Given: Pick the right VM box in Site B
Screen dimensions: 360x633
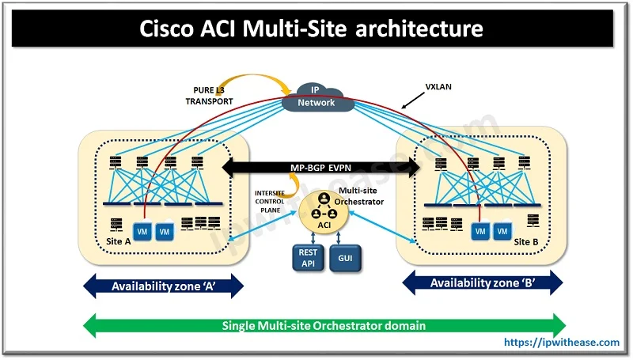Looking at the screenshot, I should [501, 231].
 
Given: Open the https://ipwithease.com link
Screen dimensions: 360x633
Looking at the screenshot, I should [563, 343].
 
